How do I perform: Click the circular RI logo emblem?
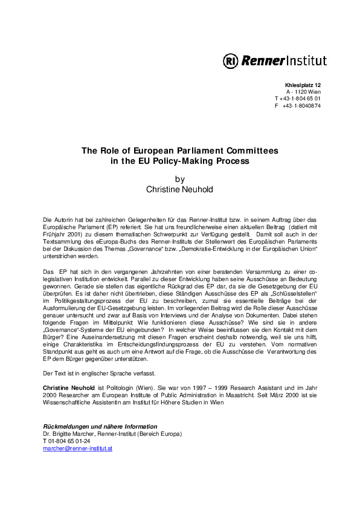[x=231, y=60]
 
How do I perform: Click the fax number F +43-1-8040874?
[x=297, y=105]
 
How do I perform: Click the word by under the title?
[x=179, y=179]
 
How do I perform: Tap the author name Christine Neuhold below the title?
[x=179, y=189]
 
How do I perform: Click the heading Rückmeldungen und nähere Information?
[x=100, y=427]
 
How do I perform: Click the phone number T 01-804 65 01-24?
[x=66, y=441]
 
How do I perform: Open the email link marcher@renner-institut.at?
[x=78, y=449]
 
